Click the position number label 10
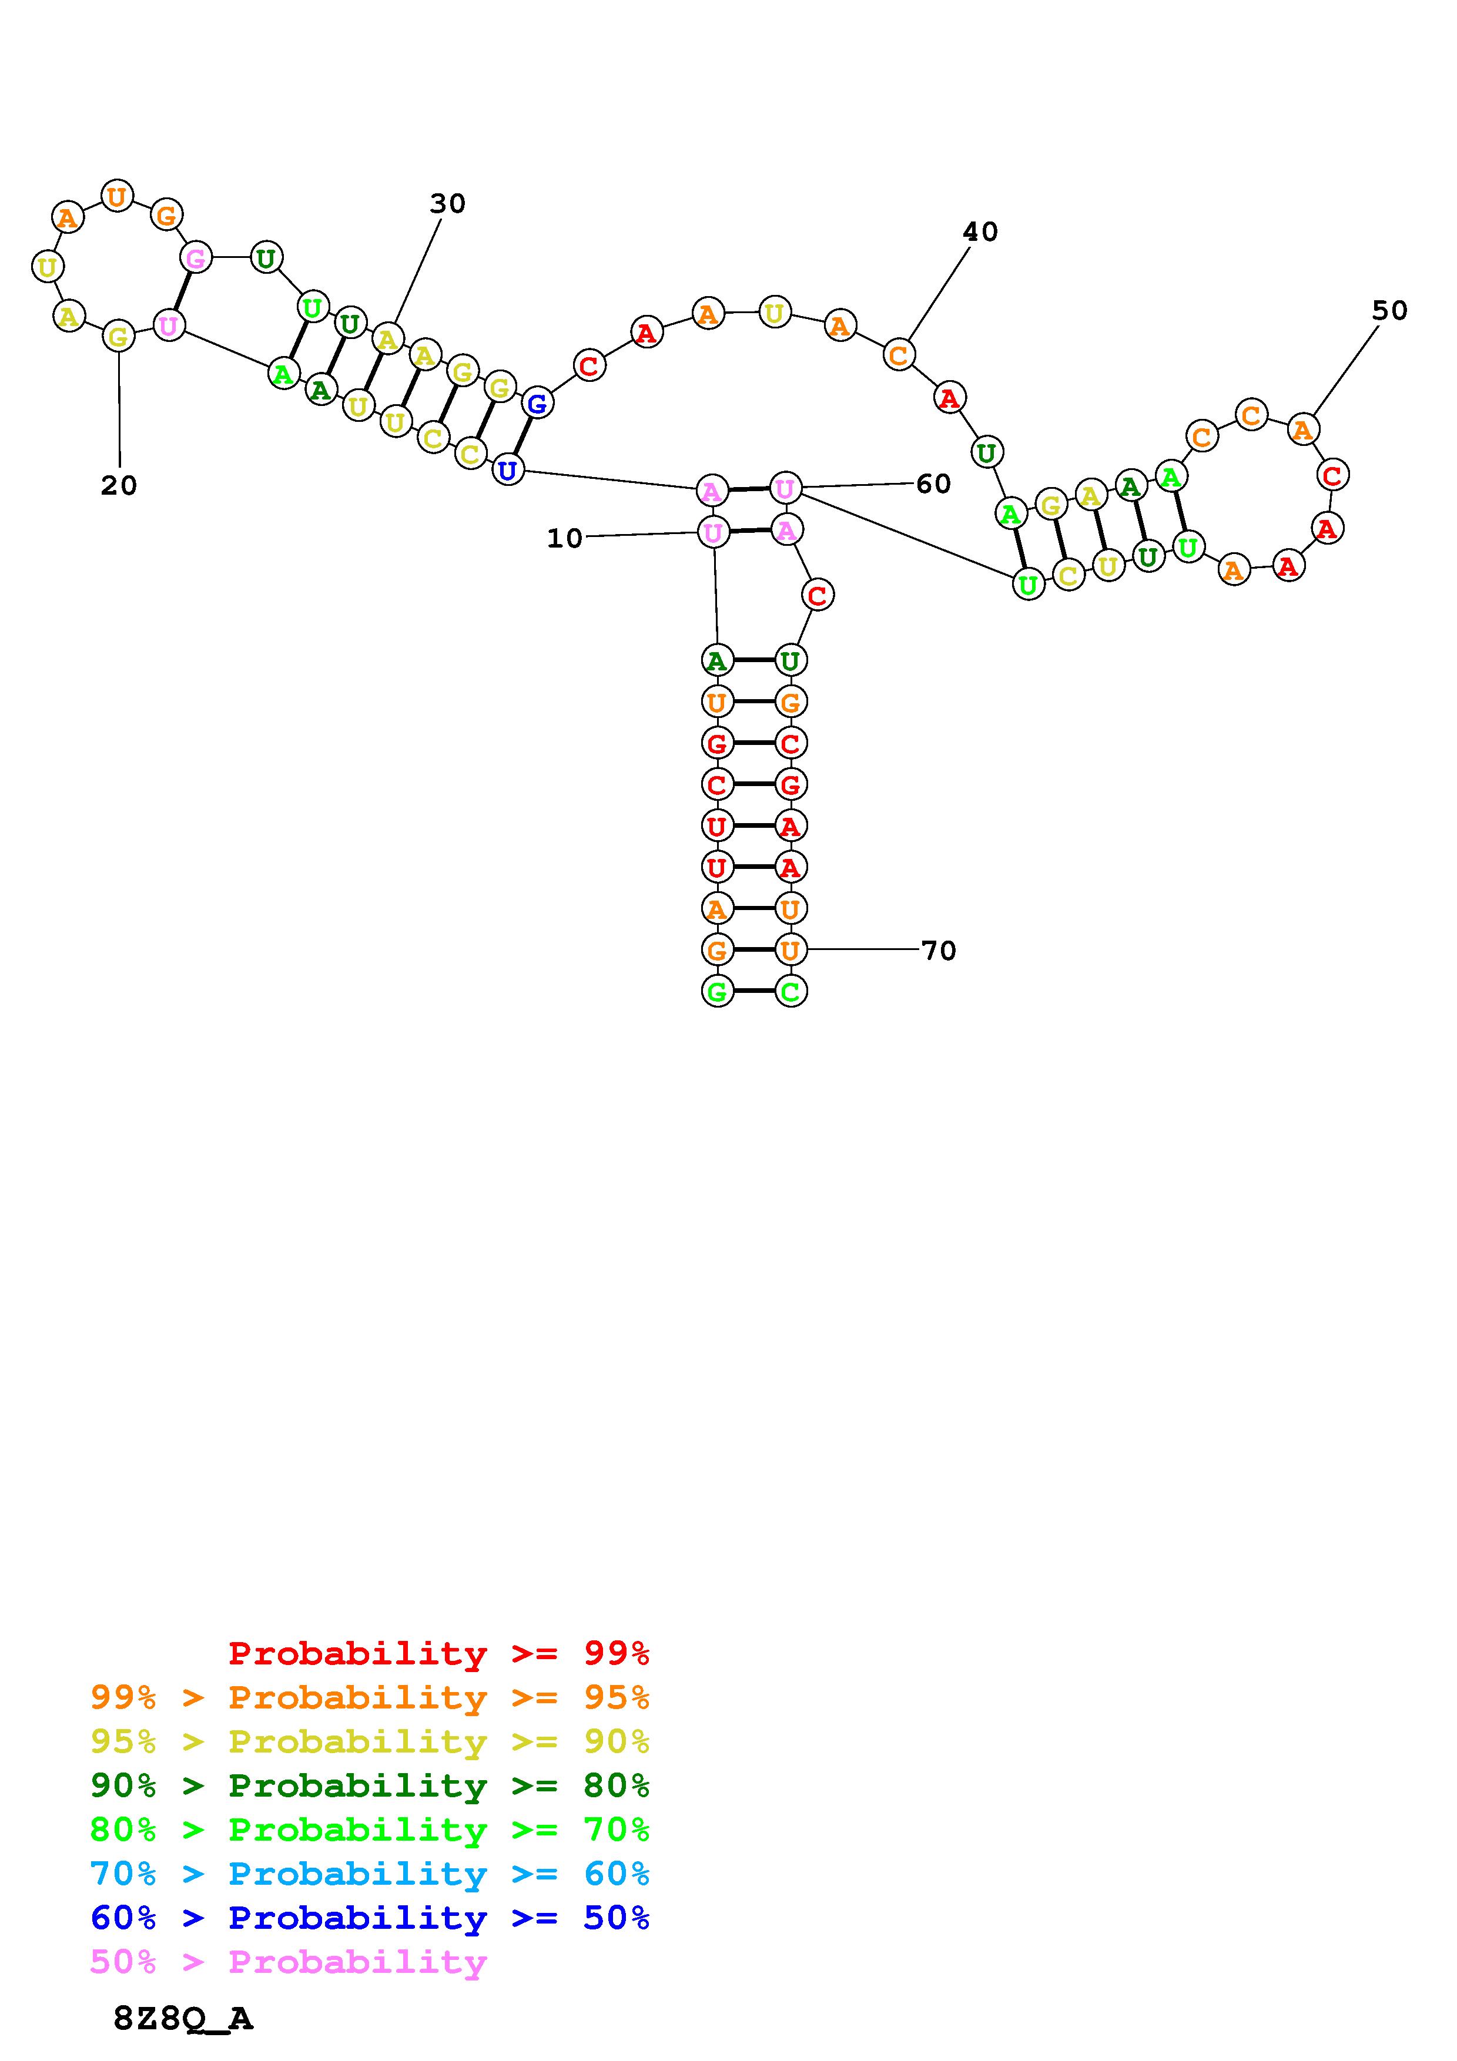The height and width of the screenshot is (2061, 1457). tap(565, 539)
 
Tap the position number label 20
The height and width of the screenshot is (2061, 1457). tap(119, 486)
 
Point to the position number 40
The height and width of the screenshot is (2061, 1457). tap(980, 233)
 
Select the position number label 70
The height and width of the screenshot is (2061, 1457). tap(939, 951)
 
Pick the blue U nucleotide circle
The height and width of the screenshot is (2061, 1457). tap(507, 469)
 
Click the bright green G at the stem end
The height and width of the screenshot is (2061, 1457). tap(716, 991)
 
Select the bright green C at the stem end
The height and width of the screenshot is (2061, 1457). tap(790, 991)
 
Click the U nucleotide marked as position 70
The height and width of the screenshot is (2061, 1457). tap(790, 949)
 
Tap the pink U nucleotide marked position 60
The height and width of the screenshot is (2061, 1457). tap(785, 488)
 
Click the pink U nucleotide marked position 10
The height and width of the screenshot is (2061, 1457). tap(713, 533)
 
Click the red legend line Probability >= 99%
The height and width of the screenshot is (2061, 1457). tap(439, 1653)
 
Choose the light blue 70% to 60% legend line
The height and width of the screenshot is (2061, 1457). tap(370, 1874)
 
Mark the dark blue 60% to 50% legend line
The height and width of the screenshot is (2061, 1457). tap(370, 1918)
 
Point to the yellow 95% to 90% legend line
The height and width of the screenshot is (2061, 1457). tap(370, 1741)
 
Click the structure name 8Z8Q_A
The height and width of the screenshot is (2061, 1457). tap(183, 2019)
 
